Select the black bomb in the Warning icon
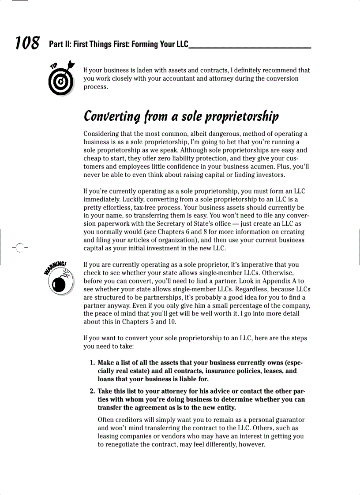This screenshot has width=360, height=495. (61, 284)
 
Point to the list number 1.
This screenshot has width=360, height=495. (92, 363)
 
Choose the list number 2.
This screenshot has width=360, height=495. (92, 391)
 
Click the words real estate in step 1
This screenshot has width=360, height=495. (132, 371)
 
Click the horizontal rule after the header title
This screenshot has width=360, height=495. (250, 48)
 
